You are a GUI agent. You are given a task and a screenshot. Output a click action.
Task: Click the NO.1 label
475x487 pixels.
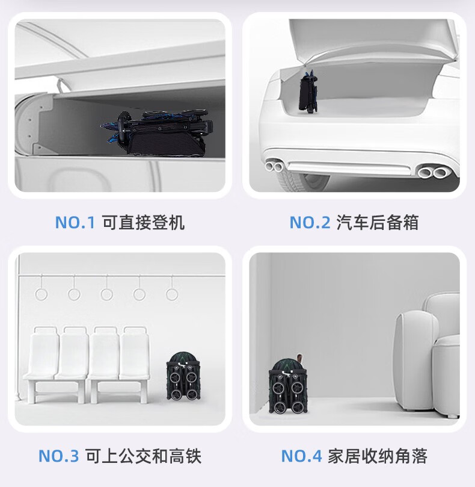(x=75, y=222)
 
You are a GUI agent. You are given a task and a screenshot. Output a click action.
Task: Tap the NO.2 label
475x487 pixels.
(x=310, y=222)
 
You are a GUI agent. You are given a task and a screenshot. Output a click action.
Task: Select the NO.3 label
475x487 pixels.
(x=59, y=456)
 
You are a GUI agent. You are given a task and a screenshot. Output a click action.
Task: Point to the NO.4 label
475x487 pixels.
(x=301, y=456)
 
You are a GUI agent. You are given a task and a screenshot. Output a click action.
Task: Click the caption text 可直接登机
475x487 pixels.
(x=143, y=222)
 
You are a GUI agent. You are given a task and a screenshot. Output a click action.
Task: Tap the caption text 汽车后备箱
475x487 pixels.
(x=378, y=222)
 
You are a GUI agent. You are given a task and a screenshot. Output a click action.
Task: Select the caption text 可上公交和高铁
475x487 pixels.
(x=143, y=456)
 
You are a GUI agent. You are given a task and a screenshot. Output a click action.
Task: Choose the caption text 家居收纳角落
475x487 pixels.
(x=378, y=456)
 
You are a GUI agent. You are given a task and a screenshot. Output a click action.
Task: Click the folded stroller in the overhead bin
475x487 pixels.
(x=157, y=133)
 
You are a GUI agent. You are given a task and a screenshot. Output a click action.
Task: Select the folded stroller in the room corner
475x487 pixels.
(x=288, y=386)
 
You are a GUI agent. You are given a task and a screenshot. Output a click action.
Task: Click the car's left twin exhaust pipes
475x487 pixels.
(x=274, y=166)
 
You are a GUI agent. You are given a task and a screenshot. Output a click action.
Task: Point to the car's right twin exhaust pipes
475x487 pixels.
(x=431, y=172)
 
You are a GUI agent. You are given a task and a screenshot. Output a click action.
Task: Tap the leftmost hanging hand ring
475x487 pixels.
(x=41, y=294)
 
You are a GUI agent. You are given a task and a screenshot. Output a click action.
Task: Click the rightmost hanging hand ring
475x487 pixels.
(x=172, y=294)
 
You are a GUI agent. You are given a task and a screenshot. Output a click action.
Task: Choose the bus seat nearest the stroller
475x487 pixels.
(x=134, y=357)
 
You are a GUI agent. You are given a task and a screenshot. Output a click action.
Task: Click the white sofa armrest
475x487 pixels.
(x=416, y=360)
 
